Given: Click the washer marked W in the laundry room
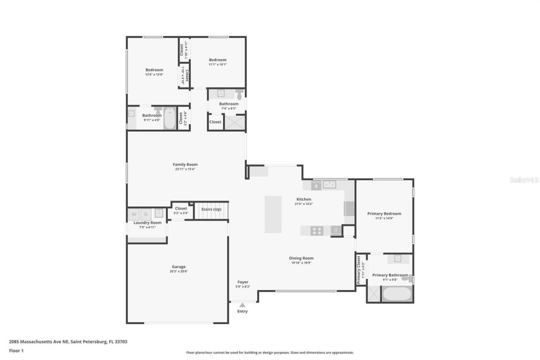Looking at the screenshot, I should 134,213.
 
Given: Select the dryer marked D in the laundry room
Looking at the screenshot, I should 146,213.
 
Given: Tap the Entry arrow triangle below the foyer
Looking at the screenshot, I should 242,305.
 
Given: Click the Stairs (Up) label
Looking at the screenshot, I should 212,209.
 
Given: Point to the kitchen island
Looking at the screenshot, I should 273,214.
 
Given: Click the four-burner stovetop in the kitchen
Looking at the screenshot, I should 317,230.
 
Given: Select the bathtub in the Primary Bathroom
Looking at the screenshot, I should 397,294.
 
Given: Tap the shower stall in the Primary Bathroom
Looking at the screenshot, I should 373,294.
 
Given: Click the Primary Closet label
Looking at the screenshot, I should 359,270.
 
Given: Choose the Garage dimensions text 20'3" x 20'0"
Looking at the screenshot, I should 178,271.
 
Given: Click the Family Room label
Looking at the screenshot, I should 184,165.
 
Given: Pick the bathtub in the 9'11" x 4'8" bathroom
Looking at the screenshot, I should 170,118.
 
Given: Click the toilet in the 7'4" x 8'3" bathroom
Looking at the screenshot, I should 239,94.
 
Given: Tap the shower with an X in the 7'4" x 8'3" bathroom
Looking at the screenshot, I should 234,122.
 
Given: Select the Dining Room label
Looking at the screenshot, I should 301,258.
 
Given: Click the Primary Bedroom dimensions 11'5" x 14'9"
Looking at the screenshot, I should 384,218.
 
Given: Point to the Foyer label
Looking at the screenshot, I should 242,282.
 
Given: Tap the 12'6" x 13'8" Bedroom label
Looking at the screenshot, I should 154,69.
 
